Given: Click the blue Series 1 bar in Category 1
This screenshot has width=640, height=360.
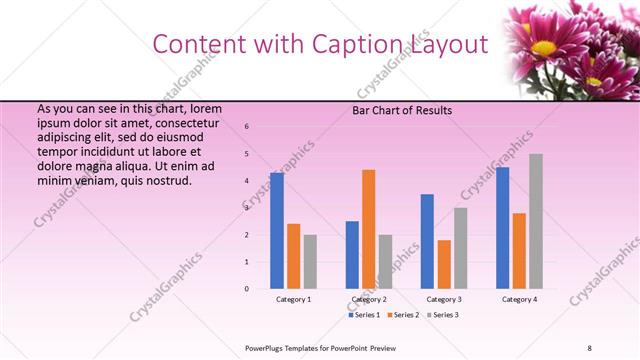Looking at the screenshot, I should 277,230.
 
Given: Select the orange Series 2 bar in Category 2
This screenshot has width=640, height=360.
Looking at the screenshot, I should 369,229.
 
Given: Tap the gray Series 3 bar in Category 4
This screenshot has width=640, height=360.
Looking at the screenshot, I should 536,221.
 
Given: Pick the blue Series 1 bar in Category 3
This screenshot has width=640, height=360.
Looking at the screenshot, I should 427,241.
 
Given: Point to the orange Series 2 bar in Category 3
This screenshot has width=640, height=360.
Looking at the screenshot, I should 444,264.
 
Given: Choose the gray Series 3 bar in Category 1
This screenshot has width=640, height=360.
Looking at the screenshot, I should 310,261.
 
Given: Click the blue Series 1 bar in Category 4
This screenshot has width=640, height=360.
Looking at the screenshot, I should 502,227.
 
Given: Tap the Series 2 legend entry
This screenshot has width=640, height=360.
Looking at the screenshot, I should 403,315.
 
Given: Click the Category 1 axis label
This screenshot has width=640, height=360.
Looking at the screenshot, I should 293,299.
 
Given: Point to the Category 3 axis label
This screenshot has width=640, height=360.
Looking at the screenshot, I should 444,299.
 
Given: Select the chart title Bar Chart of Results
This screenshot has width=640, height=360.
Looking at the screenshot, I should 402,110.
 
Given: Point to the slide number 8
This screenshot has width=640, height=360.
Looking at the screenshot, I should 589,348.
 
